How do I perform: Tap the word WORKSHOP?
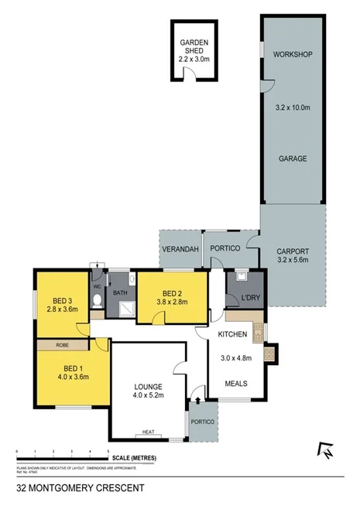(293, 54)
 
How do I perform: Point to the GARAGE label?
(293, 159)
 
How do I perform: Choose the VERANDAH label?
(180, 248)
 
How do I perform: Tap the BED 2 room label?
(172, 293)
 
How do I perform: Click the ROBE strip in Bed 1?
(62, 345)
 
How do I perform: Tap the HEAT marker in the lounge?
(148, 433)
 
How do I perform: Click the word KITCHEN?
(232, 335)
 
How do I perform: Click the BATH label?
(119, 293)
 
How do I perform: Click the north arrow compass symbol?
(325, 449)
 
